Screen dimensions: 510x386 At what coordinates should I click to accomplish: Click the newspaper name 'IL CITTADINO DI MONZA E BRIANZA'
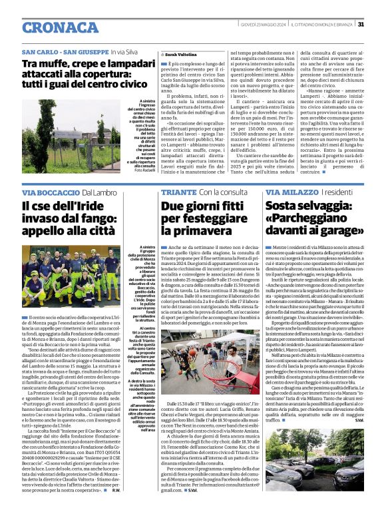(319, 6)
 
